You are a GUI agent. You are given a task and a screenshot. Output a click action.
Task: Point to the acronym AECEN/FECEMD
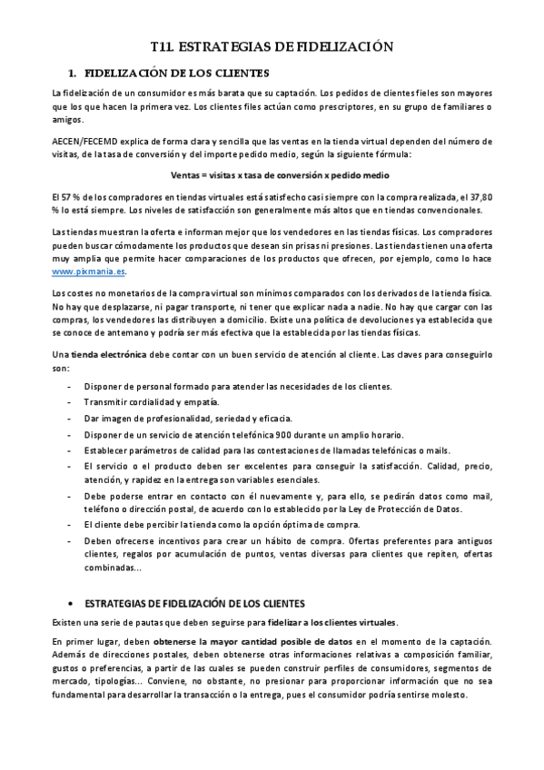(90, 141)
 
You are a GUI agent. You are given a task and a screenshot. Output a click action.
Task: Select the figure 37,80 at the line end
(479, 198)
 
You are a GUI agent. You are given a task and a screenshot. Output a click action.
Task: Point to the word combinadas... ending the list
(113, 569)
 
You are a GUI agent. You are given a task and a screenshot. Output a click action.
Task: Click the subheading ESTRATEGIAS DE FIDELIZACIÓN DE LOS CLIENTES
(194, 602)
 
